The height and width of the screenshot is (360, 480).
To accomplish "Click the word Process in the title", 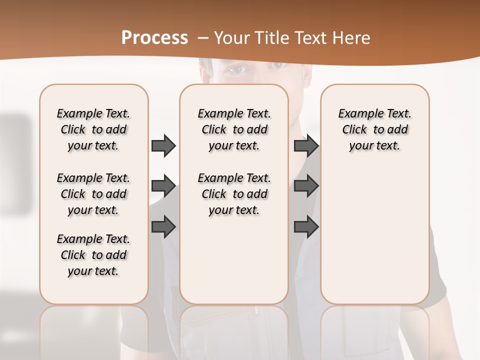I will (154, 38).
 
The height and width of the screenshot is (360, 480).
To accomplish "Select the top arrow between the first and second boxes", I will (163, 145).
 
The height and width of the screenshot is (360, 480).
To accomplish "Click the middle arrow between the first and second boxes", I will (163, 186).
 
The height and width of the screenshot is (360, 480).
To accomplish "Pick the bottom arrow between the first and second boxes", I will (163, 226).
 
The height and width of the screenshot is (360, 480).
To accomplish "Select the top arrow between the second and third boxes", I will (306, 145).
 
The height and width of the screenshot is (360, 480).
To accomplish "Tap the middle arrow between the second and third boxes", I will (306, 186).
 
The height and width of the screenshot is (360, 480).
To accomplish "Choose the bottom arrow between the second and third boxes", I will (306, 226).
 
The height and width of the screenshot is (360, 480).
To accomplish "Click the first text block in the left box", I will (93, 129).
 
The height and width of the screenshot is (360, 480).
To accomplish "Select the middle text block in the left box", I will (93, 194).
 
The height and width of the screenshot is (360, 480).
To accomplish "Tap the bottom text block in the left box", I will (93, 255).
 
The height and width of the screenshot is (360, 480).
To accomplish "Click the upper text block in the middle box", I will (234, 129).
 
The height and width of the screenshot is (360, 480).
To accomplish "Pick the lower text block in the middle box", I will (234, 194).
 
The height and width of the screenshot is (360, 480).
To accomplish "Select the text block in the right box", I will (375, 129).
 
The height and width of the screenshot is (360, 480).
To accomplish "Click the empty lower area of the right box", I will (375, 235).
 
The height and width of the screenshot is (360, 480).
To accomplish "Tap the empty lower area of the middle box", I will (234, 260).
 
